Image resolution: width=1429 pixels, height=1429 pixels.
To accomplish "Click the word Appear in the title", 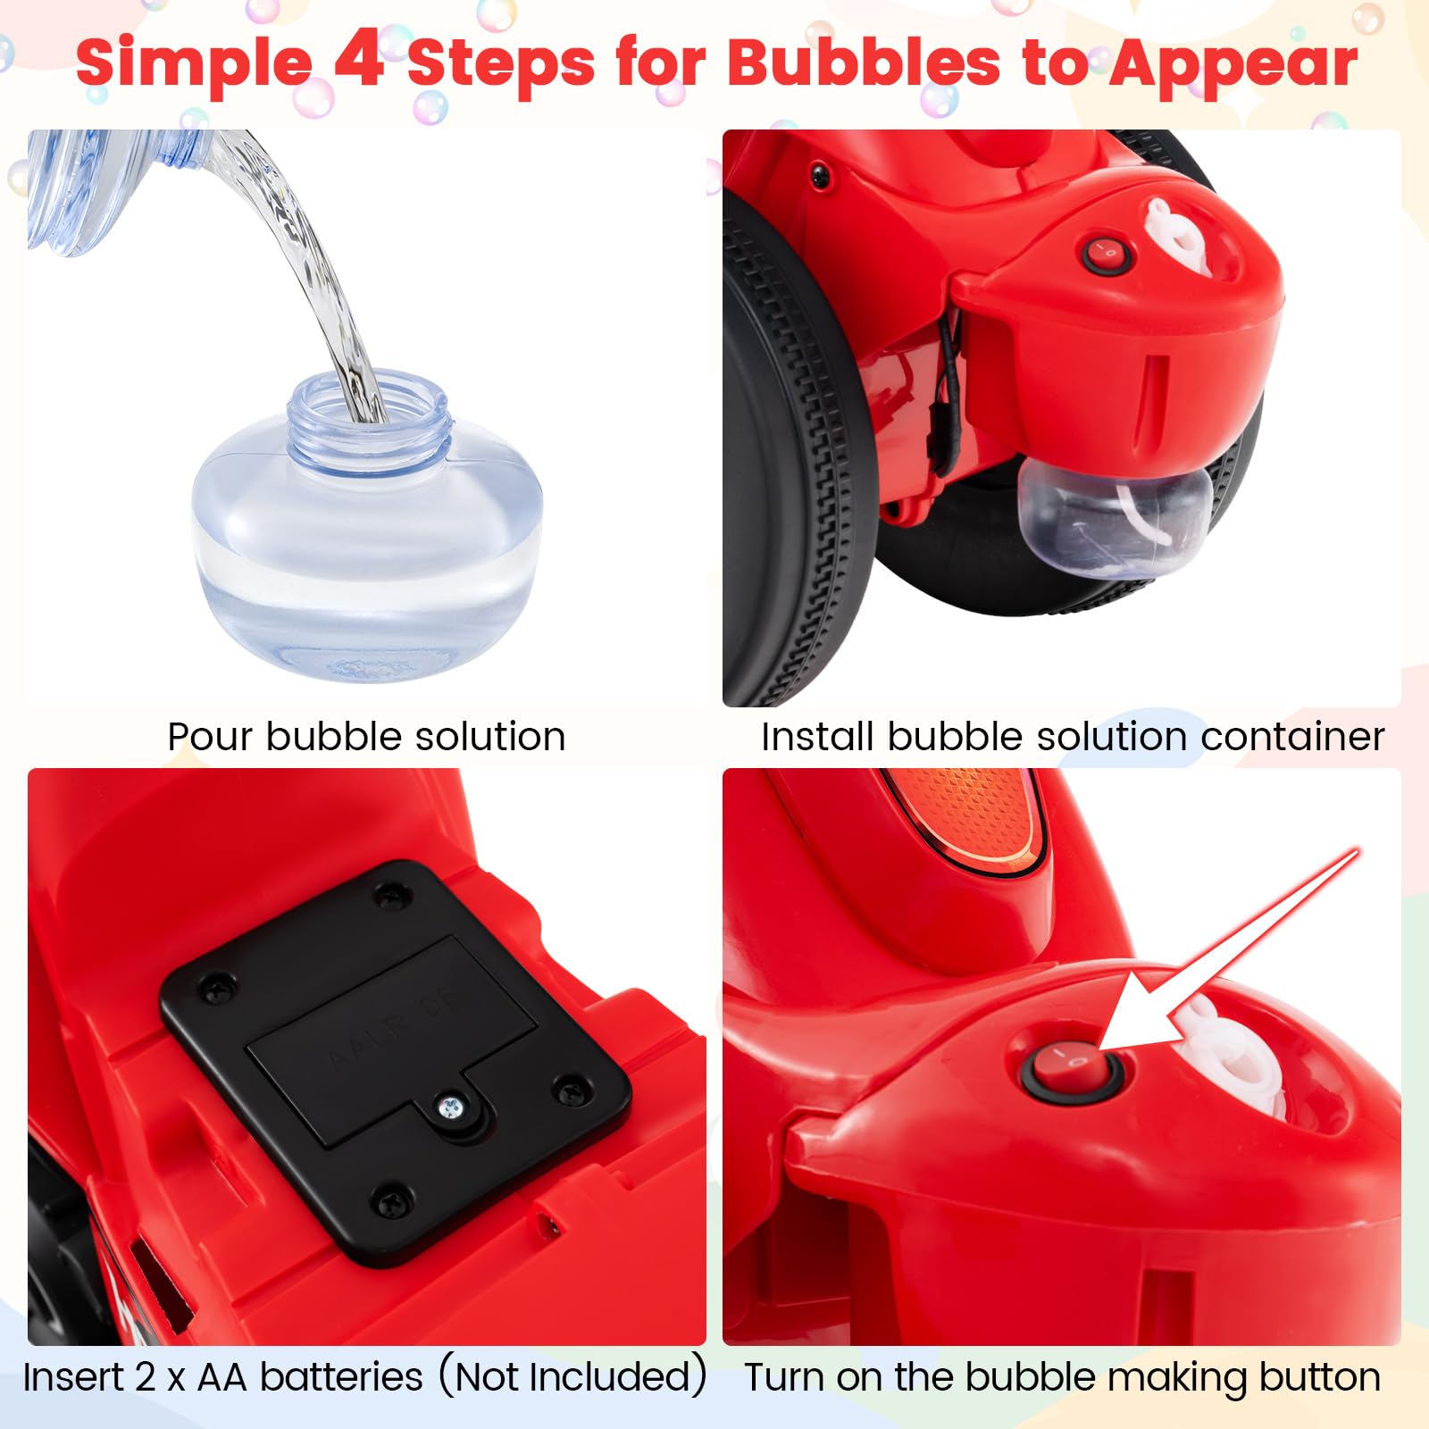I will coord(1233,64).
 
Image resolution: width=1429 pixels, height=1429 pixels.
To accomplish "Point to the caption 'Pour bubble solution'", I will coord(366,737).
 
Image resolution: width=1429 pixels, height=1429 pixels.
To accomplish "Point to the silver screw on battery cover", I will coord(452,1107).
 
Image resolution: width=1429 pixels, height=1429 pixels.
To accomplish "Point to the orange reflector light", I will coord(965,817).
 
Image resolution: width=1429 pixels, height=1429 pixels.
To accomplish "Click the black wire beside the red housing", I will coord(948,375).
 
